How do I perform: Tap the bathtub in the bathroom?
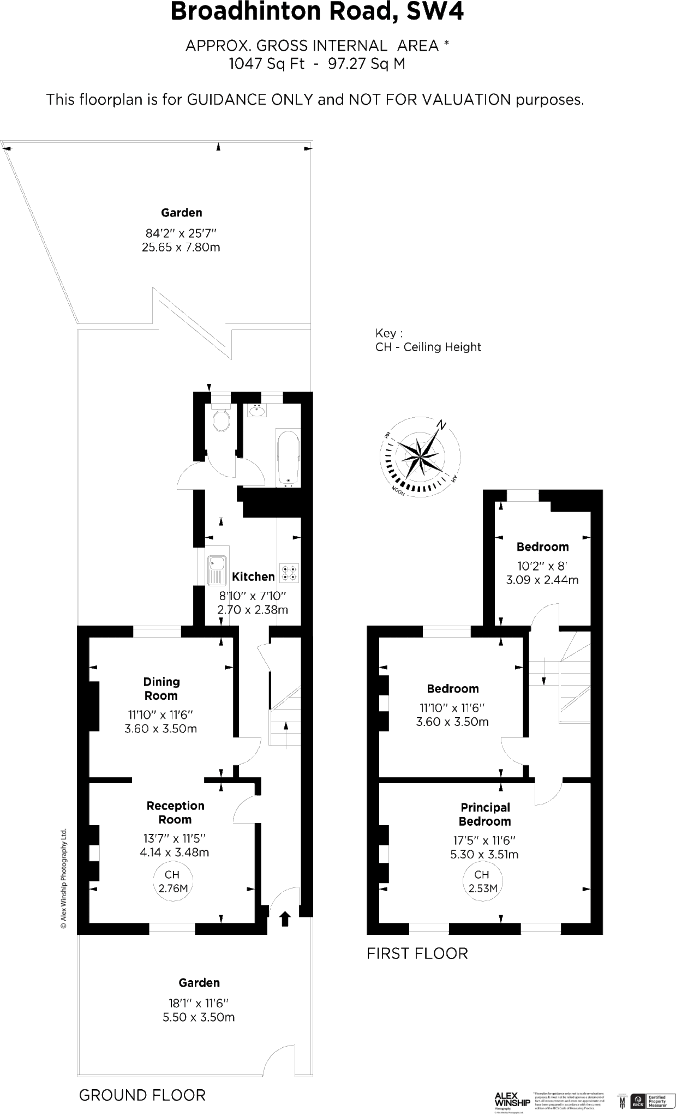(288, 457)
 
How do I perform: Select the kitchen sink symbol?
(217, 570)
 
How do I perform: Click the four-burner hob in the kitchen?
(289, 572)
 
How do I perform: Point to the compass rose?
(420, 455)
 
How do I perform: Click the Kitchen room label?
(253, 576)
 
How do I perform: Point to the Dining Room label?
(161, 688)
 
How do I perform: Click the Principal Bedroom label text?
(485, 814)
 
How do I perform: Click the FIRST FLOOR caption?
(417, 953)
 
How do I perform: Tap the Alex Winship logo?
(512, 1100)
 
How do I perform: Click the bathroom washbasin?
(256, 410)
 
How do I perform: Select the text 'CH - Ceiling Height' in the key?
(428, 347)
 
